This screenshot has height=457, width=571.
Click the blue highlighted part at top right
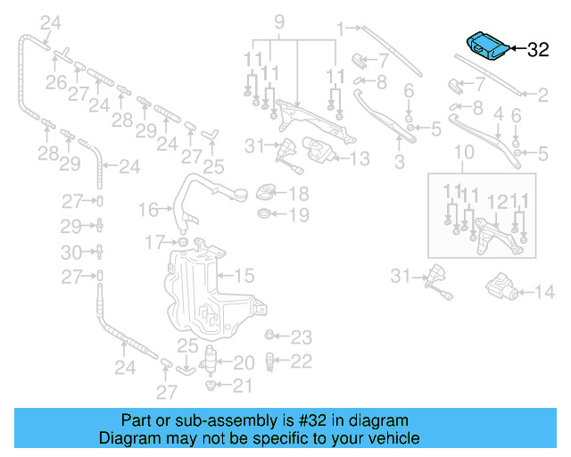click(x=489, y=46)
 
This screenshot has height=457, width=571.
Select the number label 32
click(x=538, y=50)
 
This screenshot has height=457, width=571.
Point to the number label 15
click(x=244, y=276)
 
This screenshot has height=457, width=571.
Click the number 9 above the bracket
click(x=278, y=21)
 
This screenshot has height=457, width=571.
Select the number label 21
click(x=243, y=386)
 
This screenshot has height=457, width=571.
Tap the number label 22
click(x=302, y=361)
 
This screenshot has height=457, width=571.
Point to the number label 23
click(x=302, y=337)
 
